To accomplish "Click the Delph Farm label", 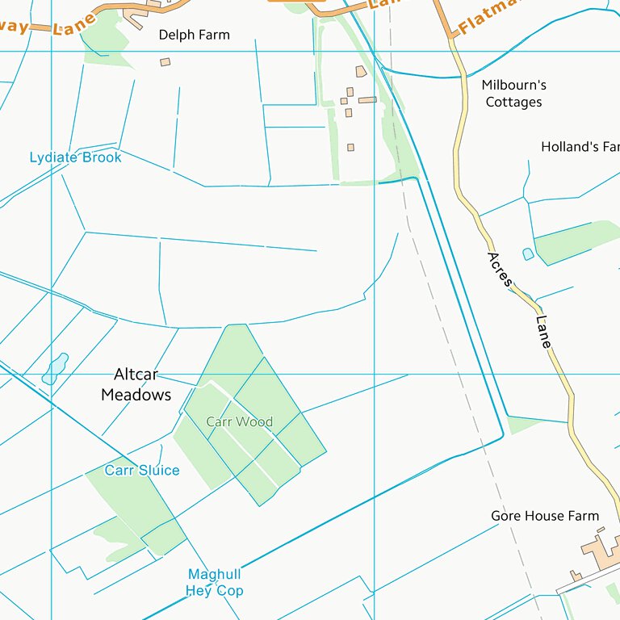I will (x=194, y=35).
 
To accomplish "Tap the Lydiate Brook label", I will (x=75, y=157).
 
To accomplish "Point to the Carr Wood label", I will (x=239, y=422).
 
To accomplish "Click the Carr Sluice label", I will (x=142, y=471).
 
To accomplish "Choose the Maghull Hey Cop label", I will (x=214, y=582).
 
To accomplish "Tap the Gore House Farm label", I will (x=545, y=516).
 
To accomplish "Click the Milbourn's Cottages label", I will (x=513, y=94).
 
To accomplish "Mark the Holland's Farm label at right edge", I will (x=580, y=147).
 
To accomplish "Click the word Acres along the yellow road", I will (x=500, y=270).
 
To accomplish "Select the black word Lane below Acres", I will (x=543, y=332).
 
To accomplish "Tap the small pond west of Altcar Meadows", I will (x=56, y=368).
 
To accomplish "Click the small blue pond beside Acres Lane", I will (x=528, y=253).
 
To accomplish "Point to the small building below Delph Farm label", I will (x=165, y=62).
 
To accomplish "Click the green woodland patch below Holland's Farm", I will (x=575, y=241).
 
